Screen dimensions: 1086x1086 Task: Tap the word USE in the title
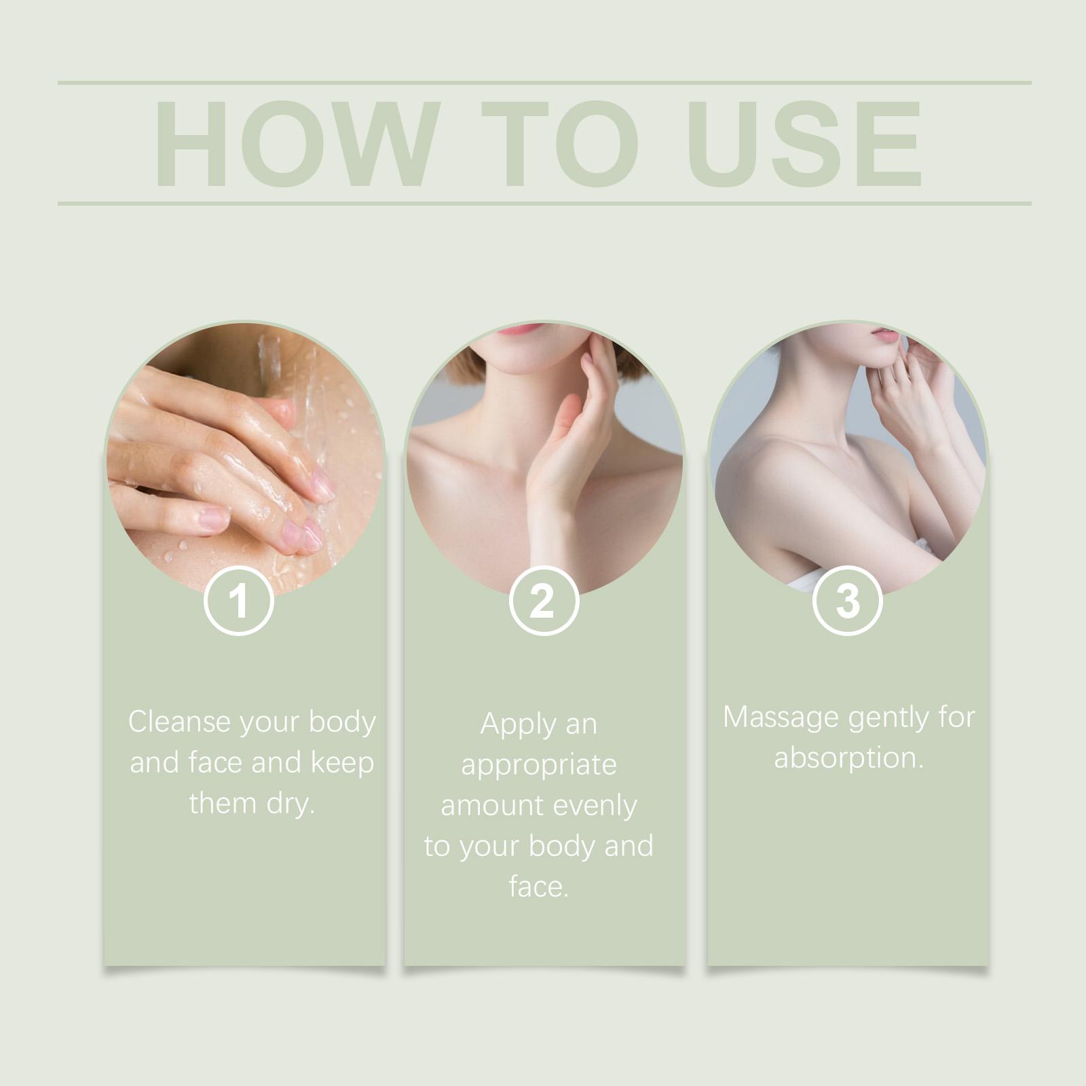pyautogui.click(x=805, y=143)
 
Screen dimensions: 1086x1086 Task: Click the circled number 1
pyautogui.click(x=239, y=601)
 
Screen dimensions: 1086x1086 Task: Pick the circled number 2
pyautogui.click(x=543, y=601)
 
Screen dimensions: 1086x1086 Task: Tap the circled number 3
pyautogui.click(x=847, y=601)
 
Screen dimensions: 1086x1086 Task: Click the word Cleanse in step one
pyautogui.click(x=179, y=722)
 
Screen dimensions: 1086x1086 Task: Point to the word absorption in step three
pyautogui.click(x=849, y=758)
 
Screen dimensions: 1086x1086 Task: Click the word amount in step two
pyautogui.click(x=492, y=806)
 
